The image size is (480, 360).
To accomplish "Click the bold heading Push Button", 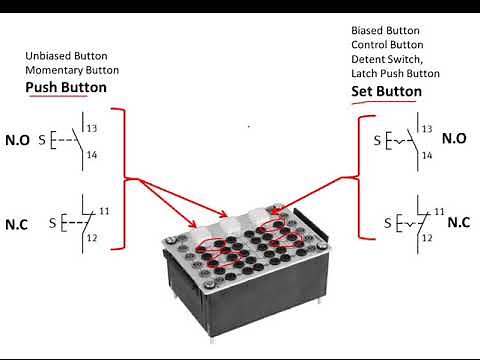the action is point(66,88).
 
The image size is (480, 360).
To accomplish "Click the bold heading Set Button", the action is point(386,91).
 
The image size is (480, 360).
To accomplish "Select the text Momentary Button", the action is point(72,70).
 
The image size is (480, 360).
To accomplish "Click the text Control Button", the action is point(384,45).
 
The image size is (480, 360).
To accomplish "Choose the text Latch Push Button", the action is point(396,75).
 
